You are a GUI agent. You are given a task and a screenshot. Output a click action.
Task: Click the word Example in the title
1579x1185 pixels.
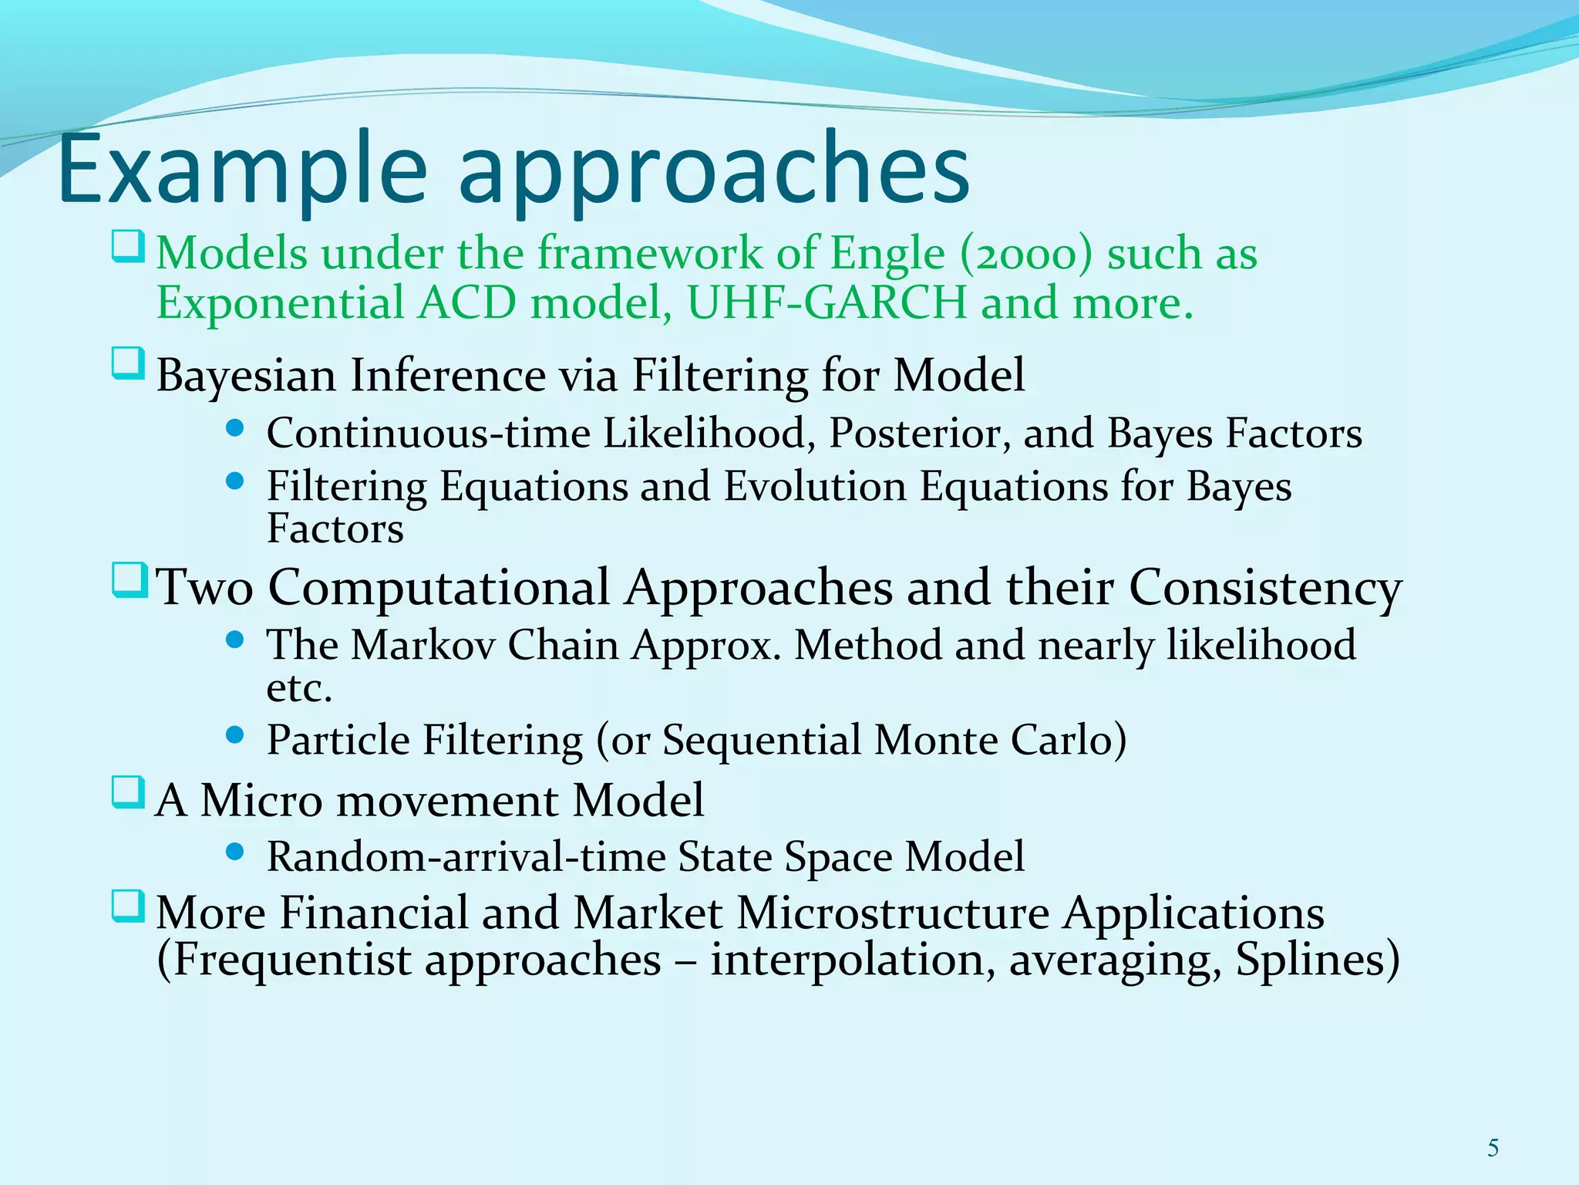[241, 170]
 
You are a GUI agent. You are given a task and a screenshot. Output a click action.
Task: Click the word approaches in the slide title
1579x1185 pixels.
[713, 174]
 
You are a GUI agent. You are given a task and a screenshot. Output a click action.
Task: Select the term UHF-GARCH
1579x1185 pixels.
[826, 302]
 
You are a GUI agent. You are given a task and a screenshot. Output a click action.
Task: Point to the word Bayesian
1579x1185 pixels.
[246, 376]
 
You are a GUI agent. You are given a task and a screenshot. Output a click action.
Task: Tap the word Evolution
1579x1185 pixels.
[814, 487]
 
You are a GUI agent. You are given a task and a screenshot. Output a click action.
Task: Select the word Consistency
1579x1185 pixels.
[1265, 588]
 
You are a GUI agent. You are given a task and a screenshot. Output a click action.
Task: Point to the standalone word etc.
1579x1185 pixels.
[298, 688]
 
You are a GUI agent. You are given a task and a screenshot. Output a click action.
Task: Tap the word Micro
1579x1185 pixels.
[261, 800]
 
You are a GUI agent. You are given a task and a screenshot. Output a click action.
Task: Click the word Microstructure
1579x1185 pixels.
[892, 913]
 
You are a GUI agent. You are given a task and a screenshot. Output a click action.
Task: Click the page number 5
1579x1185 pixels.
[1493, 1149]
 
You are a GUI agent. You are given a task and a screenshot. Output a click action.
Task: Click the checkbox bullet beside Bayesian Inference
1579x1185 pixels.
[128, 363]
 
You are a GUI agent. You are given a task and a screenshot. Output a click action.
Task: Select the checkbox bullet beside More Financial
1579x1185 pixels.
[128, 906]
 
